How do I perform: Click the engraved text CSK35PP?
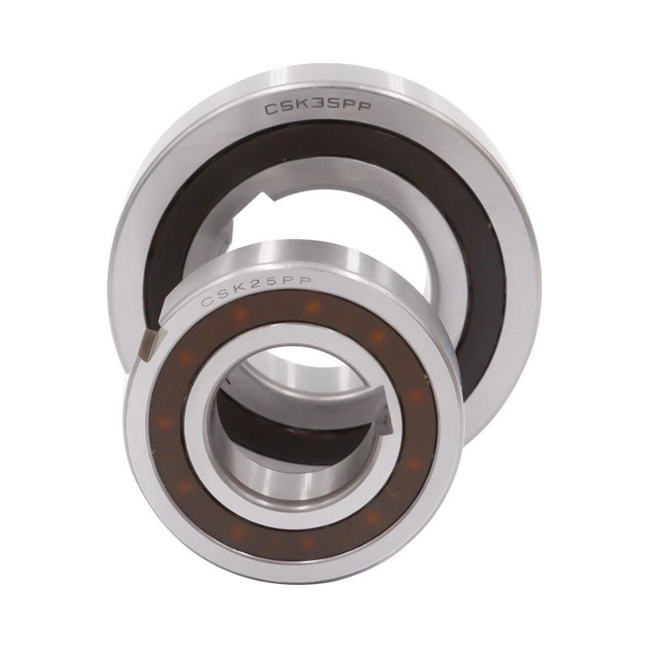pyautogui.click(x=318, y=108)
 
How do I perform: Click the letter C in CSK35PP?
pyautogui.click(x=272, y=109)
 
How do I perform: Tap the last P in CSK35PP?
pyautogui.click(x=364, y=106)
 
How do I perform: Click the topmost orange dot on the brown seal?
pyautogui.click(x=313, y=306)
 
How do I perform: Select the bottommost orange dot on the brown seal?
pyautogui.click(x=307, y=541)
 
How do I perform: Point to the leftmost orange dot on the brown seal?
pyautogui.click(x=166, y=422)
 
